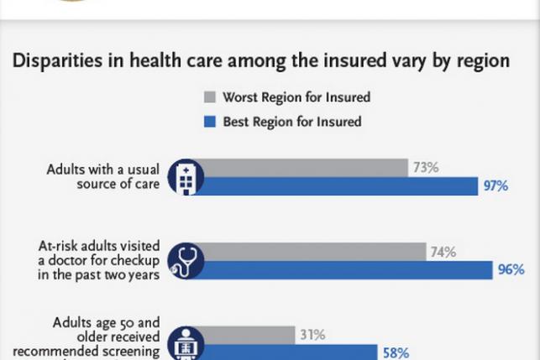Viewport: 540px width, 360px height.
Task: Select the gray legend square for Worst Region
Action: point(210,97)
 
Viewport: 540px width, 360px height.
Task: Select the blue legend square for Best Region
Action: point(210,122)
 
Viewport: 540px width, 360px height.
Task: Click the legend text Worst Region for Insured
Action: point(296,97)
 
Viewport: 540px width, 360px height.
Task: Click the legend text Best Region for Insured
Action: point(291,122)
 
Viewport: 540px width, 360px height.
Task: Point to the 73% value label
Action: point(425,168)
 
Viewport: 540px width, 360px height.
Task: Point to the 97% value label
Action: point(495,186)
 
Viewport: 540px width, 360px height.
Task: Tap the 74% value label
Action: point(443,252)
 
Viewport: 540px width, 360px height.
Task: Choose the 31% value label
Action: point(312,335)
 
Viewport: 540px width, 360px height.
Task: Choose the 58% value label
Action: point(396,353)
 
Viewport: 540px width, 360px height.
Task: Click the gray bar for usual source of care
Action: point(302,168)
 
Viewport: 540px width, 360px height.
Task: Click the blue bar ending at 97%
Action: point(336,186)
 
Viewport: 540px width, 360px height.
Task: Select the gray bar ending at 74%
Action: point(311,252)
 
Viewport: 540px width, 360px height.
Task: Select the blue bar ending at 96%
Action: point(344,269)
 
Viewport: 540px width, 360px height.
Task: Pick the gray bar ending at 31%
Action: point(248,335)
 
